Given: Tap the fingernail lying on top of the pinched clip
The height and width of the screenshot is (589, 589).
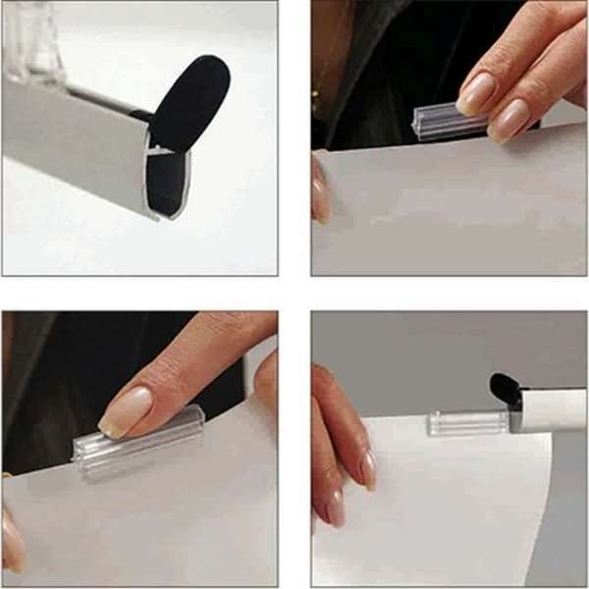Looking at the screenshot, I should click(478, 94).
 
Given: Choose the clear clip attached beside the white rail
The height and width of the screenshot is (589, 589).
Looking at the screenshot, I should click(459, 423).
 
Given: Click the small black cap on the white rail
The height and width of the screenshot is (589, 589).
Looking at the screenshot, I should click(505, 387).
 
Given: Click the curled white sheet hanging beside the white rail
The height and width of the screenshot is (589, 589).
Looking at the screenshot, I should click(452, 510).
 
